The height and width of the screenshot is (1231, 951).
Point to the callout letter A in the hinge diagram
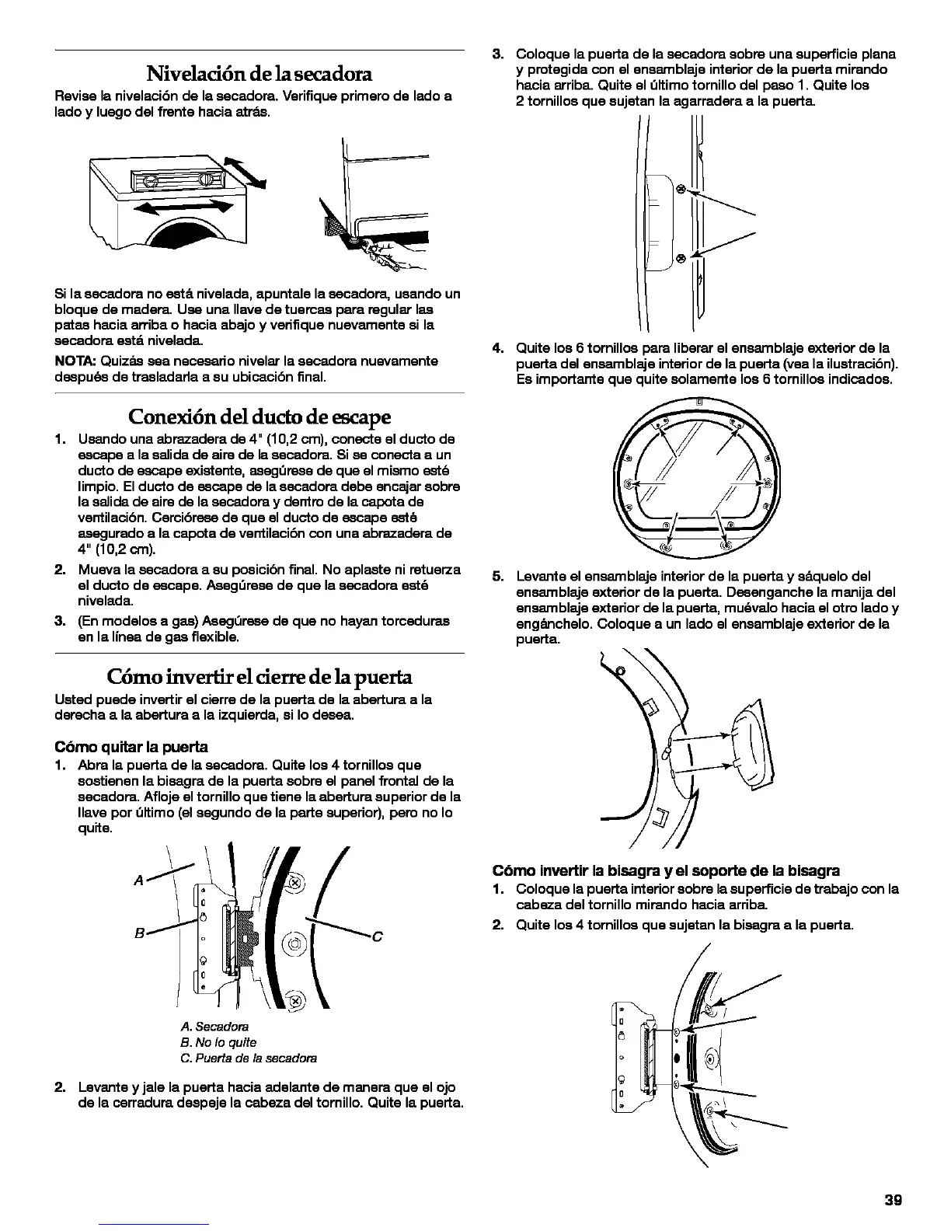point(138,881)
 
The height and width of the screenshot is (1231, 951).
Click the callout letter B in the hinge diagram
point(138,936)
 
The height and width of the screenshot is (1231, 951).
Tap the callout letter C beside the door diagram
point(378,936)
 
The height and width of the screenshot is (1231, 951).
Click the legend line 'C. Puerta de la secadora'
point(248,1058)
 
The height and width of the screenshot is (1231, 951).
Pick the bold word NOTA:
point(75,361)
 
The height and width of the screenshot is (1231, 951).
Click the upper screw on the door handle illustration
point(681,189)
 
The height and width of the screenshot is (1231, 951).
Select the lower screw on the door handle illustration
point(681,257)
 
